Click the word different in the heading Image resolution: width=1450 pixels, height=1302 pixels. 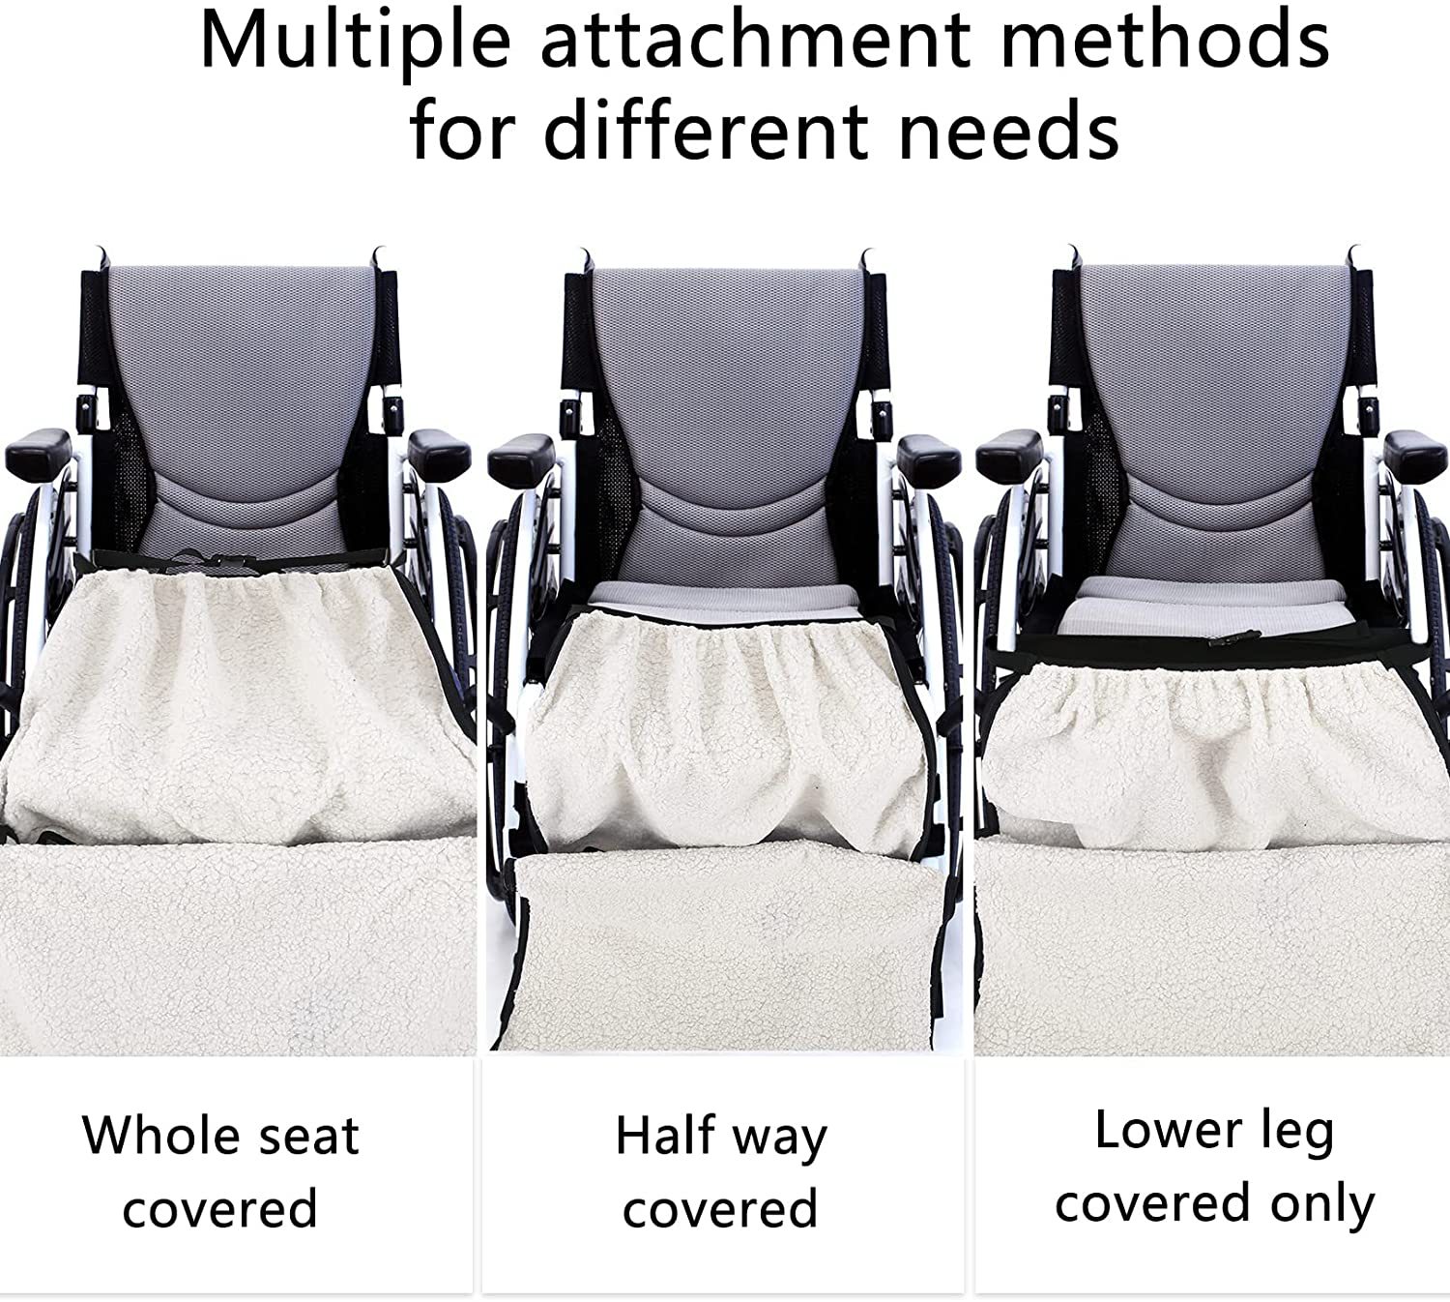point(705,130)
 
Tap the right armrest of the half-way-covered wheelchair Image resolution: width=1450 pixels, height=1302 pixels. point(929,454)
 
